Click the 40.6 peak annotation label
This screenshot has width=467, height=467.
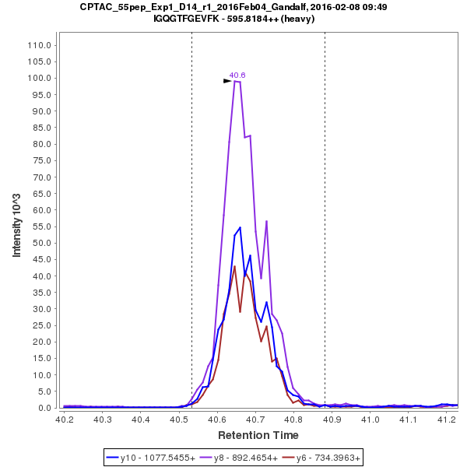point(237,75)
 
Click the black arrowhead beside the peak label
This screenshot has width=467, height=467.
point(227,80)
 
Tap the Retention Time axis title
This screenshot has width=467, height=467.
point(257,434)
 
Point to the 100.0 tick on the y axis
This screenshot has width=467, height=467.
point(38,78)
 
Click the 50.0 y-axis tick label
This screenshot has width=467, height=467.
point(40,243)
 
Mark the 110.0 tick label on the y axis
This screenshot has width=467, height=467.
point(38,45)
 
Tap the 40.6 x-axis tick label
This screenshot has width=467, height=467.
point(217,420)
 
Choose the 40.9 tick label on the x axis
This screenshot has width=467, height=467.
point(332,420)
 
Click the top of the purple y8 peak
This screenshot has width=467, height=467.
point(235,81)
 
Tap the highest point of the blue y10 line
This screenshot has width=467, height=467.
point(241,227)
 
